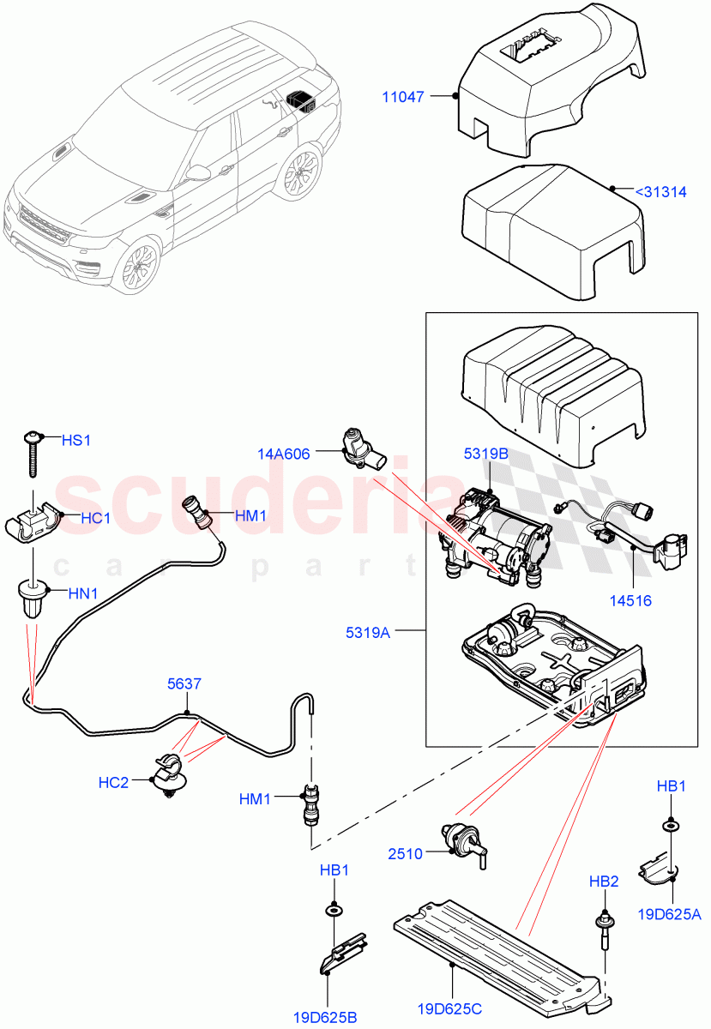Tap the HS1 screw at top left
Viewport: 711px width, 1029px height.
pos(33,452)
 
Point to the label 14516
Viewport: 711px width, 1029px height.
pos(630,600)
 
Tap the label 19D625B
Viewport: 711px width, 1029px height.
pos(326,1017)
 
